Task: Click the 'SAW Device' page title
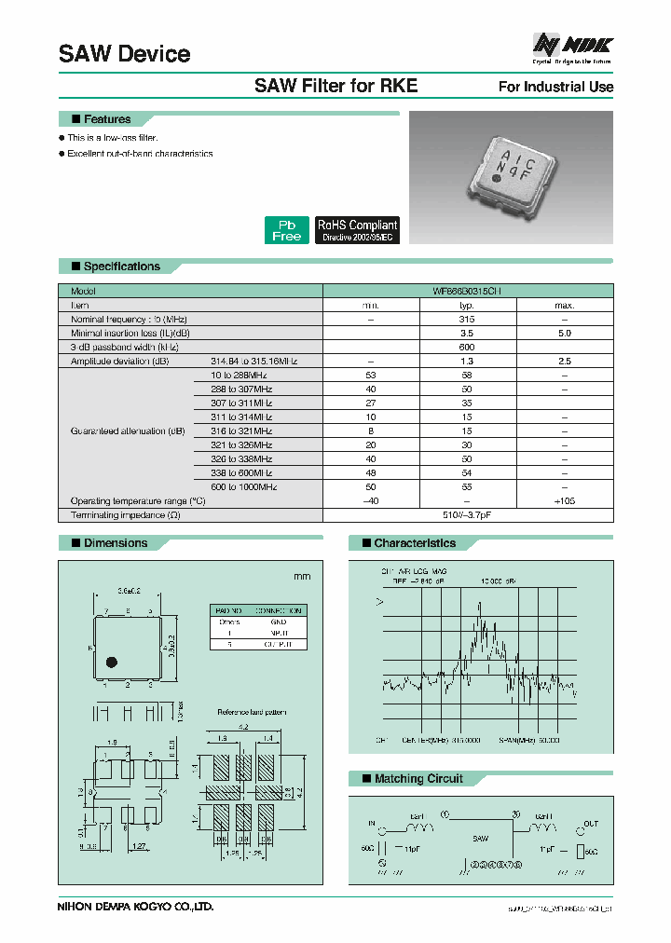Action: pyautogui.click(x=124, y=54)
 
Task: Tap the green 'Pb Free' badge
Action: pyautogui.click(x=286, y=230)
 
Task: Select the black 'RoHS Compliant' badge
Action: pyautogui.click(x=357, y=230)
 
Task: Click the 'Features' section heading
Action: pyautogui.click(x=106, y=119)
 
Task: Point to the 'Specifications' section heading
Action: pyautogui.click(x=121, y=266)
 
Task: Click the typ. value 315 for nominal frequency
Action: pyautogui.click(x=468, y=319)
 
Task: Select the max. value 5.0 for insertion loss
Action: pyautogui.click(x=564, y=333)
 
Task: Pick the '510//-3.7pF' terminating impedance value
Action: pyautogui.click(x=468, y=514)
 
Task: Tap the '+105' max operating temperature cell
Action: pyautogui.click(x=564, y=500)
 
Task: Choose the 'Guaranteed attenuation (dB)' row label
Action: pyautogui.click(x=128, y=431)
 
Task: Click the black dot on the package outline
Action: pyautogui.click(x=111, y=663)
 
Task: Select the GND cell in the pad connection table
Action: pyautogui.click(x=278, y=622)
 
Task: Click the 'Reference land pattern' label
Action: pyautogui.click(x=251, y=712)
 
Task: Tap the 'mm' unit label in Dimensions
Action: pyautogui.click(x=301, y=577)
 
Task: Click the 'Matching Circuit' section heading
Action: pyautogui.click(x=418, y=779)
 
